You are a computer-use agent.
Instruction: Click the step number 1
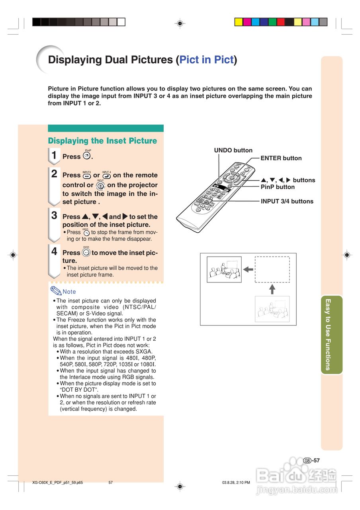[x=54, y=155]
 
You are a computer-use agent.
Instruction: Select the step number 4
[x=54, y=252]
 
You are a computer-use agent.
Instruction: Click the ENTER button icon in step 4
[x=86, y=252]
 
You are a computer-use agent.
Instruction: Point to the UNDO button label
[x=233, y=150]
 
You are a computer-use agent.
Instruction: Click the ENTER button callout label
[x=281, y=158]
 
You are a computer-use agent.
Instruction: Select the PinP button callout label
[x=278, y=187]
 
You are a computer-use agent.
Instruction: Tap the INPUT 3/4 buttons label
[x=287, y=201]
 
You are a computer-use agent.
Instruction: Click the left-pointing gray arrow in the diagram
[x=248, y=269]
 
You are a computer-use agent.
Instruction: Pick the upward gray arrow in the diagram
[x=272, y=289]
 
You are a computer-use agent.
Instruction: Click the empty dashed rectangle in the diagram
[x=272, y=269]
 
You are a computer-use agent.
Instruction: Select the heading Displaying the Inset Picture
[x=102, y=141]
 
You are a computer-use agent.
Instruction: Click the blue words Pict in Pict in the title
[x=206, y=60]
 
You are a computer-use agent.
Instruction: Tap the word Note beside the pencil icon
[x=69, y=292]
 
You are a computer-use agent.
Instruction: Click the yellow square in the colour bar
[x=239, y=22]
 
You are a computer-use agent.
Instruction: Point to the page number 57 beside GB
[x=316, y=460]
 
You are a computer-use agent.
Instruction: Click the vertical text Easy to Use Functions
[x=328, y=334]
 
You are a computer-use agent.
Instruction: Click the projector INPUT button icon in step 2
[x=100, y=185]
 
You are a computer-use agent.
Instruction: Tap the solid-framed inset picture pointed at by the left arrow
[x=224, y=269]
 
